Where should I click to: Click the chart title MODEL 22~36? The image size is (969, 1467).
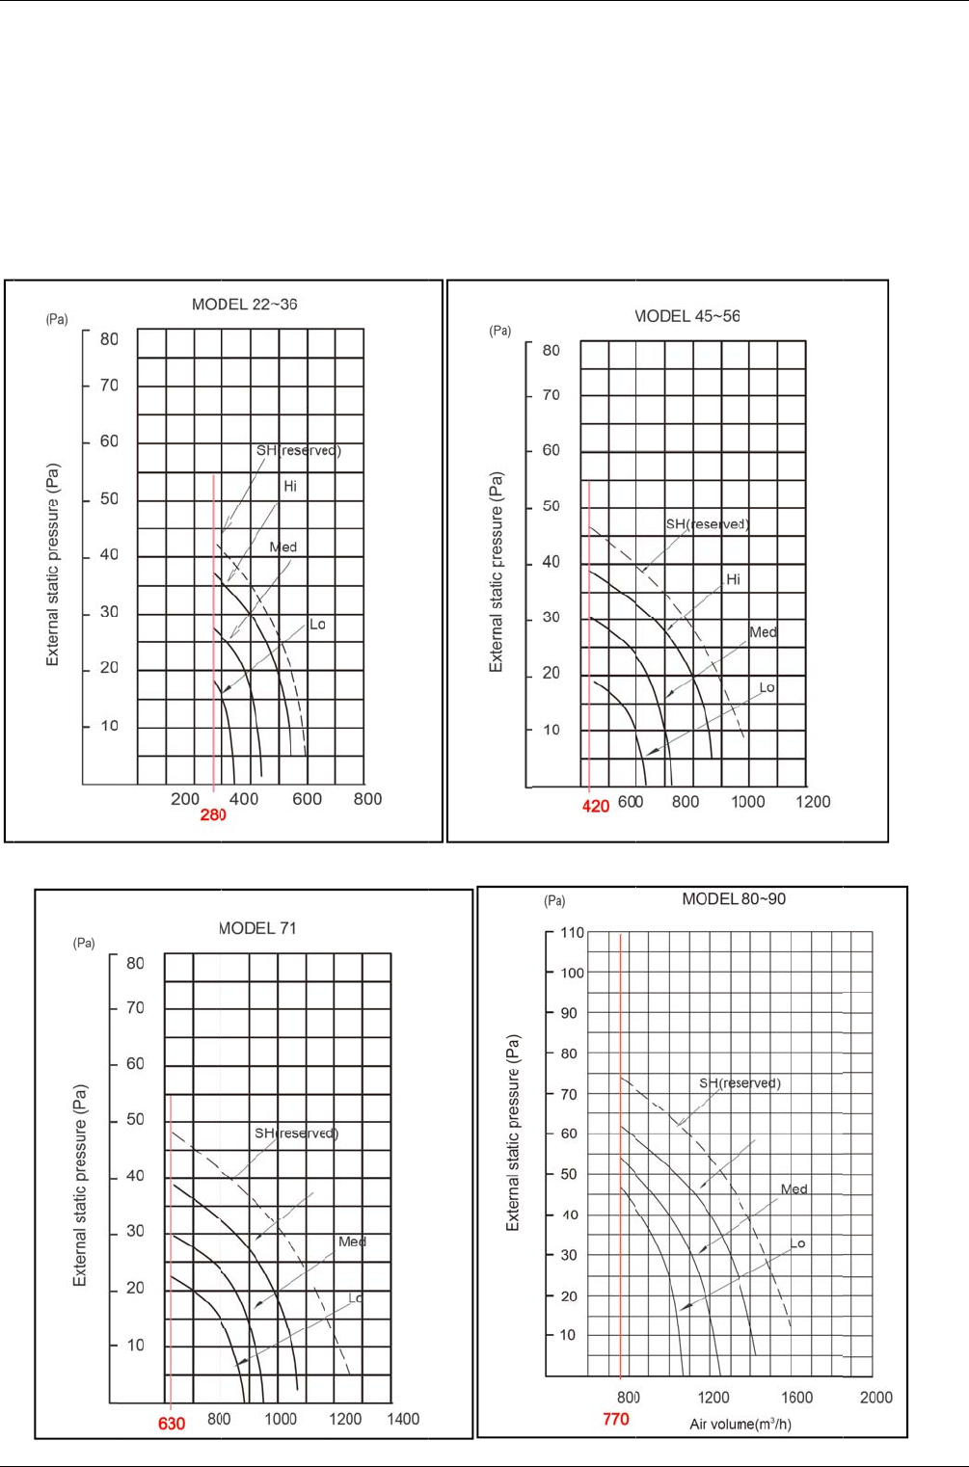click(244, 305)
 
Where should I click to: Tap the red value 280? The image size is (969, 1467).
click(213, 815)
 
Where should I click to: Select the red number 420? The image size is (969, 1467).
click(596, 806)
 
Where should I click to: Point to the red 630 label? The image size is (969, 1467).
click(172, 1424)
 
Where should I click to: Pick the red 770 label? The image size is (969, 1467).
click(616, 1419)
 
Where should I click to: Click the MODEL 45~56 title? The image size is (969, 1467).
click(687, 316)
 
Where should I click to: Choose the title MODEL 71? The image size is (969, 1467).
click(257, 928)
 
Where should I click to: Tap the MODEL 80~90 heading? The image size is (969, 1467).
click(734, 899)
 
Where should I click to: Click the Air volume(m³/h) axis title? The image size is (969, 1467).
click(740, 1424)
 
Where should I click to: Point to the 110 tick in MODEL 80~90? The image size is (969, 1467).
click(572, 933)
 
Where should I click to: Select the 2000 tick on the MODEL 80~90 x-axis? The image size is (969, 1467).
click(875, 1398)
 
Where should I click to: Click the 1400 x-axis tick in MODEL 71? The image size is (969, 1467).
click(403, 1419)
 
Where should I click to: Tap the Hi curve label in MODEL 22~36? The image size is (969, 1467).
click(290, 487)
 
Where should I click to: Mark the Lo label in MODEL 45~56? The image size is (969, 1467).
click(767, 688)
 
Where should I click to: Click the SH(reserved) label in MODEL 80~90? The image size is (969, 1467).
click(740, 1083)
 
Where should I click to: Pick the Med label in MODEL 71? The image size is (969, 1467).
click(352, 1241)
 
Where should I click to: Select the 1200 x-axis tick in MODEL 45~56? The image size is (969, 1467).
click(813, 802)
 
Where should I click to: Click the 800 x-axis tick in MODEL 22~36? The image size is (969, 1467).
click(367, 799)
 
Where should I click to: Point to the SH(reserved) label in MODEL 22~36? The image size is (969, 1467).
click(298, 450)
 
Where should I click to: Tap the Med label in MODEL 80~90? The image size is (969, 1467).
click(794, 1189)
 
